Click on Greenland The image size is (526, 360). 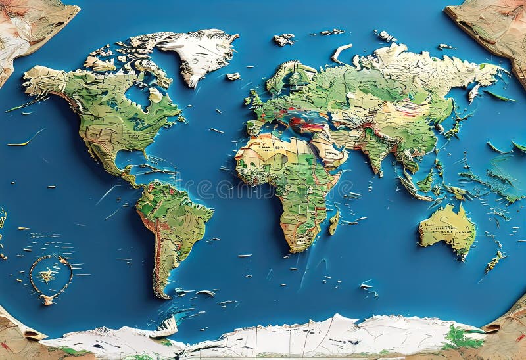(x=197, y=53)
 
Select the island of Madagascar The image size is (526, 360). (x=333, y=222)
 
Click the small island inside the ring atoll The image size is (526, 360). (x=46, y=275)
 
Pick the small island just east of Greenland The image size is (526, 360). (x=233, y=76)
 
